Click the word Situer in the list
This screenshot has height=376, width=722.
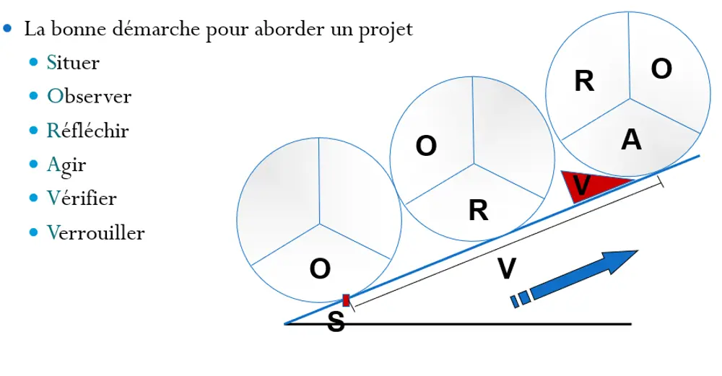click(x=72, y=63)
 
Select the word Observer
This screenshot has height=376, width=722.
click(x=89, y=97)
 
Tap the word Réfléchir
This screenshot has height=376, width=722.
click(x=87, y=131)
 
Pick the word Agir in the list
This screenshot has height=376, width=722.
click(x=66, y=165)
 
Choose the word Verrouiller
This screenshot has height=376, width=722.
click(x=95, y=232)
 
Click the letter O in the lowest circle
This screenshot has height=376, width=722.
click(x=320, y=269)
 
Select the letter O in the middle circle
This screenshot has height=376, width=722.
click(x=427, y=147)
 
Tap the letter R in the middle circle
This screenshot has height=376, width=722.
click(x=478, y=211)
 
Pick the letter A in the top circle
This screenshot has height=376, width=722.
click(x=631, y=140)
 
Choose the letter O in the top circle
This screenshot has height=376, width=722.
click(x=661, y=69)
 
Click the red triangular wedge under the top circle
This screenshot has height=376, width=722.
click(x=589, y=186)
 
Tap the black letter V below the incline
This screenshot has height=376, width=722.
click(x=508, y=269)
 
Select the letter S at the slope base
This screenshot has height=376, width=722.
click(x=336, y=322)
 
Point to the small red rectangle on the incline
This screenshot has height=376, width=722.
click(x=346, y=300)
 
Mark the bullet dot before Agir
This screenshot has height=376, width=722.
click(x=34, y=165)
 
